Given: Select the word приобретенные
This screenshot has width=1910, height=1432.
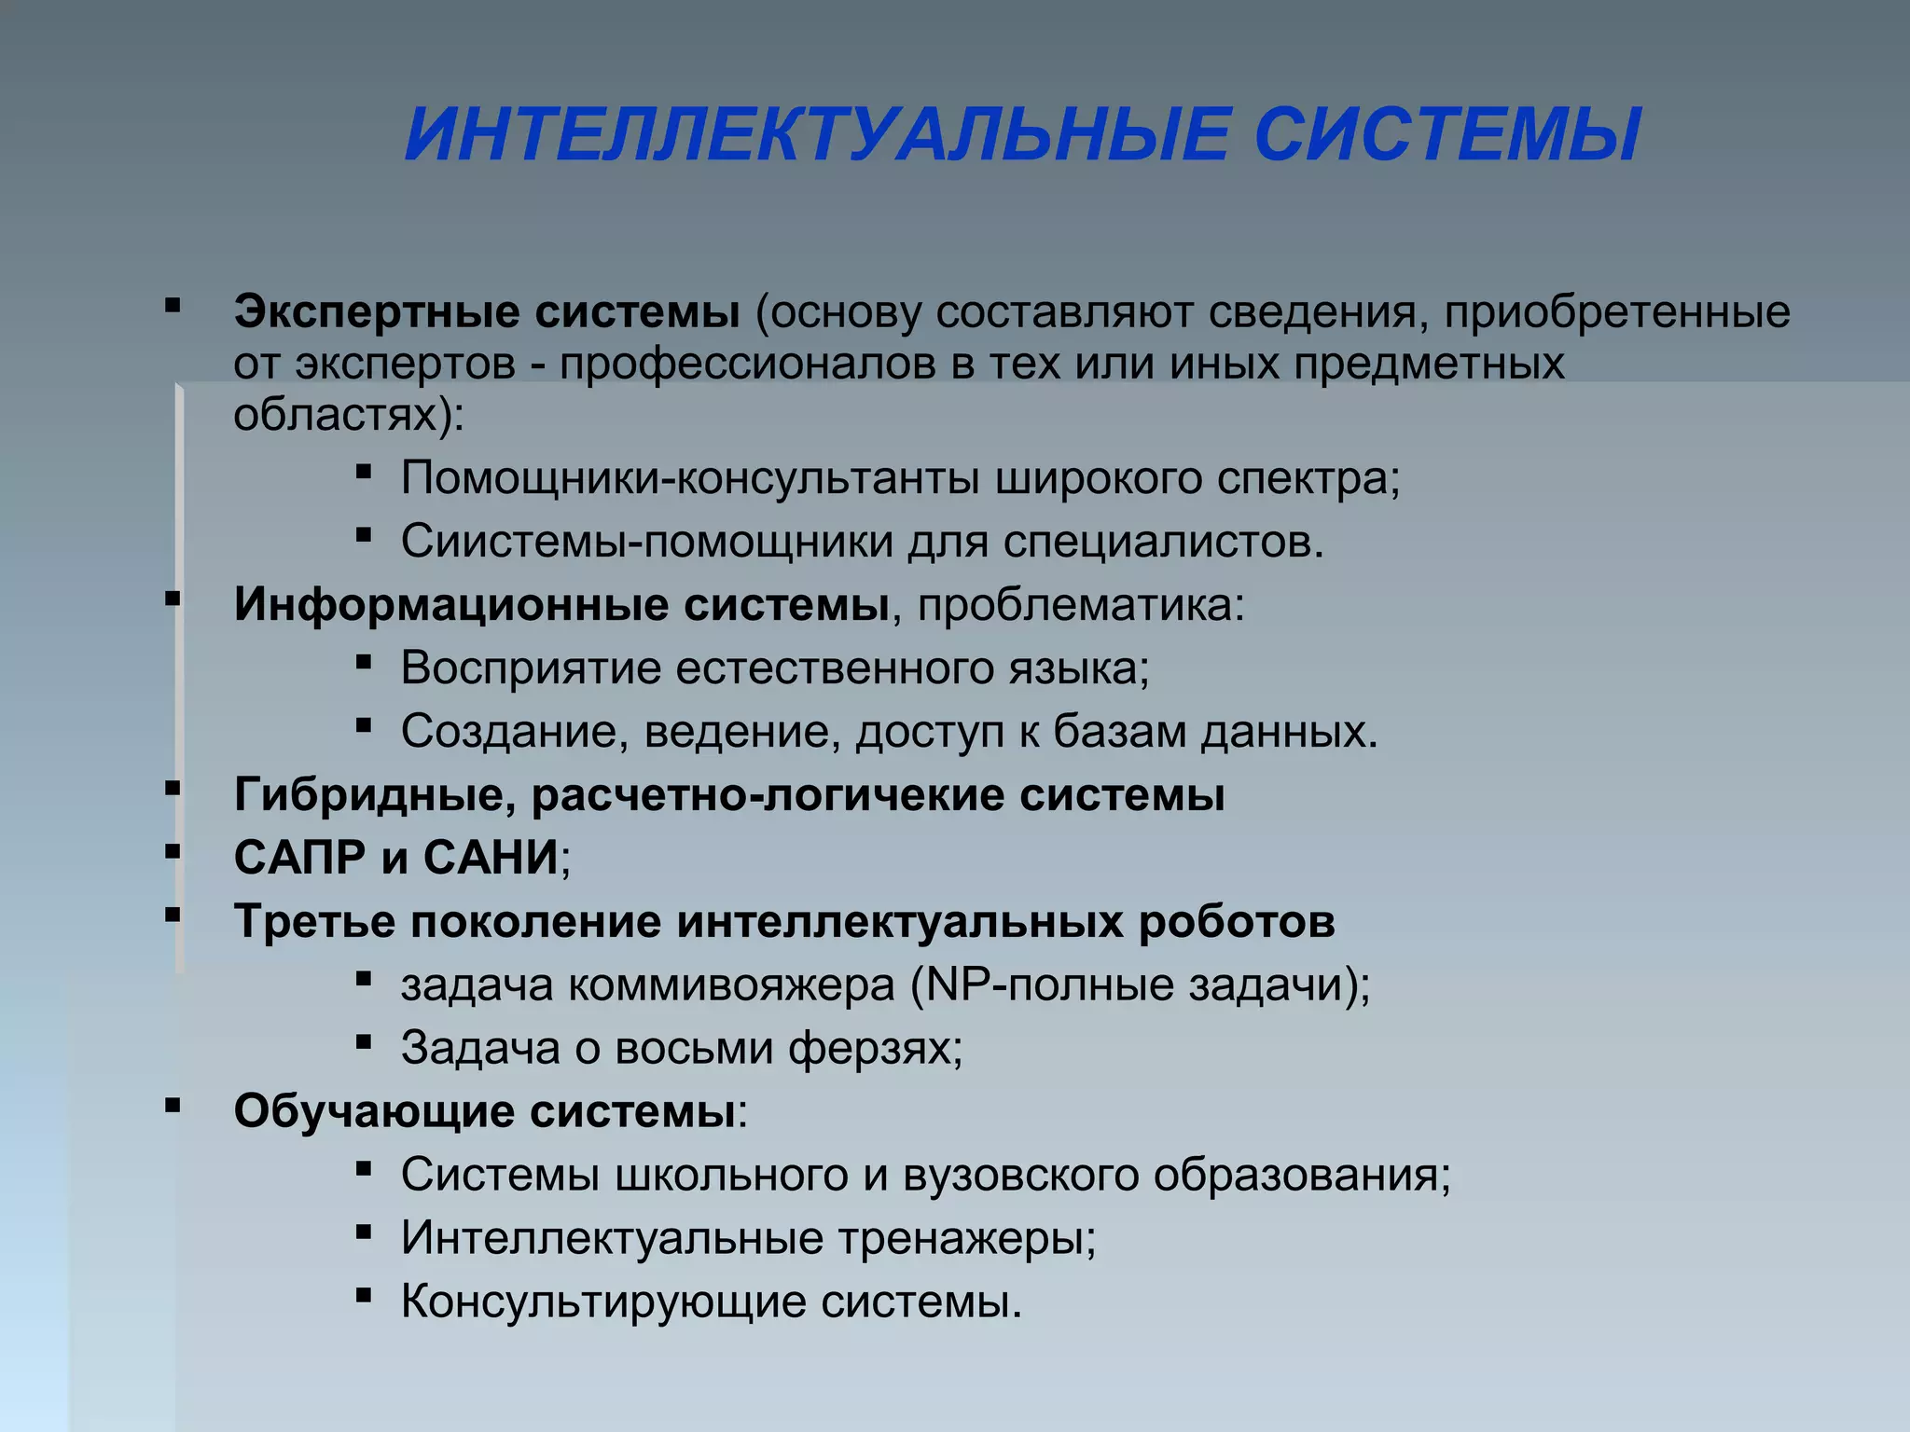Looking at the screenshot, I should coord(1617,312).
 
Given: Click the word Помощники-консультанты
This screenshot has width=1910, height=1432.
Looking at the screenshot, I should coord(689,478).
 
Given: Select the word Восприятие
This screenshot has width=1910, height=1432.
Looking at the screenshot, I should coord(531,668).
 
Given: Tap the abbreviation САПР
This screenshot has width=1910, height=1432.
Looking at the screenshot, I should coord(299,858).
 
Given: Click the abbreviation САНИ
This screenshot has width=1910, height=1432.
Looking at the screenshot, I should coord(491,858).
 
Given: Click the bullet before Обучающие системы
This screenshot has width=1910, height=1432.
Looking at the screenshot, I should coord(173,1107).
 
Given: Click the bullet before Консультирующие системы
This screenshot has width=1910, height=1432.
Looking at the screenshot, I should coord(364,1296).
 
